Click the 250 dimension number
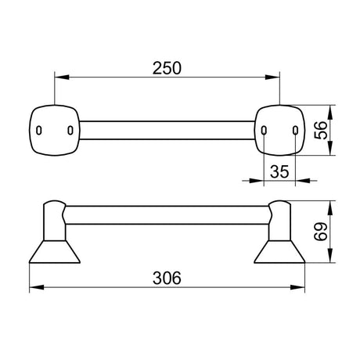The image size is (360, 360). (x=167, y=68)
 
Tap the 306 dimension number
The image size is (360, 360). (x=167, y=278)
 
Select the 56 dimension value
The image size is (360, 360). (x=321, y=130)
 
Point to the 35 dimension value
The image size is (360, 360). (x=279, y=171)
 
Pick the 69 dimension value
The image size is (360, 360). (x=321, y=232)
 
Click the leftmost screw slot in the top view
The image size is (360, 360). (x=39, y=130)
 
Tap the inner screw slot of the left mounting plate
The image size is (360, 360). (x=70, y=130)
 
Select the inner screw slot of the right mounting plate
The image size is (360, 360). (x=264, y=130)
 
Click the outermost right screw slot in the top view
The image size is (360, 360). (x=295, y=130)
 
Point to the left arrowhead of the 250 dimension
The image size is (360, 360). (x=62, y=77)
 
